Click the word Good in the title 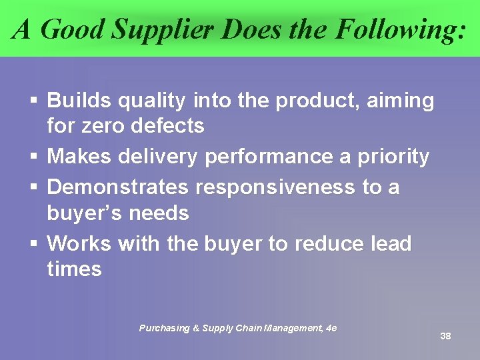coord(72,29)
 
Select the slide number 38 coord(445,336)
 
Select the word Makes coord(78,157)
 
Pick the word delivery coord(157,157)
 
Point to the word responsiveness coord(275,187)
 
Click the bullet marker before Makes coord(33,157)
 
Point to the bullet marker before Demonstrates coord(33,188)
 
